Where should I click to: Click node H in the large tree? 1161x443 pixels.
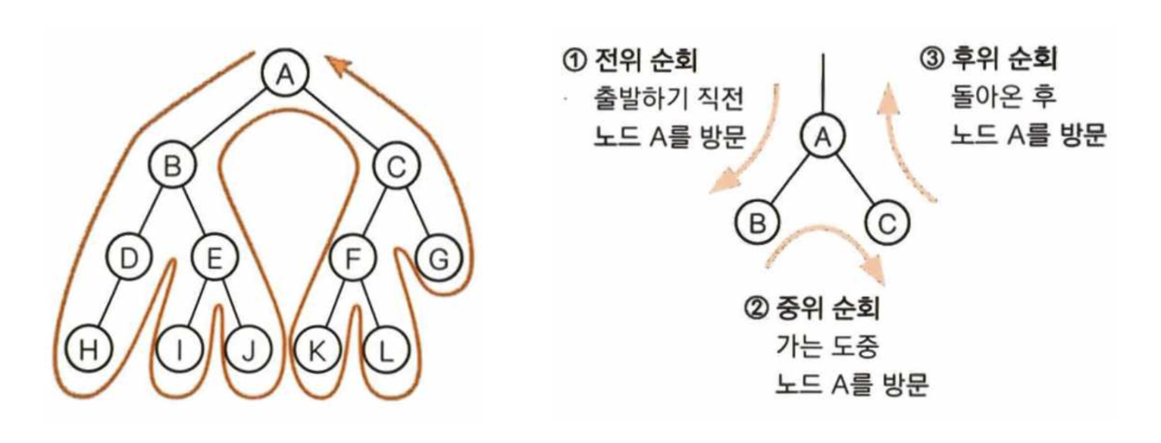pos(89,350)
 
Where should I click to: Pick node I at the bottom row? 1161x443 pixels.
pos(180,350)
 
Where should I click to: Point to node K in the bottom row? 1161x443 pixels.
pos(316,350)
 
